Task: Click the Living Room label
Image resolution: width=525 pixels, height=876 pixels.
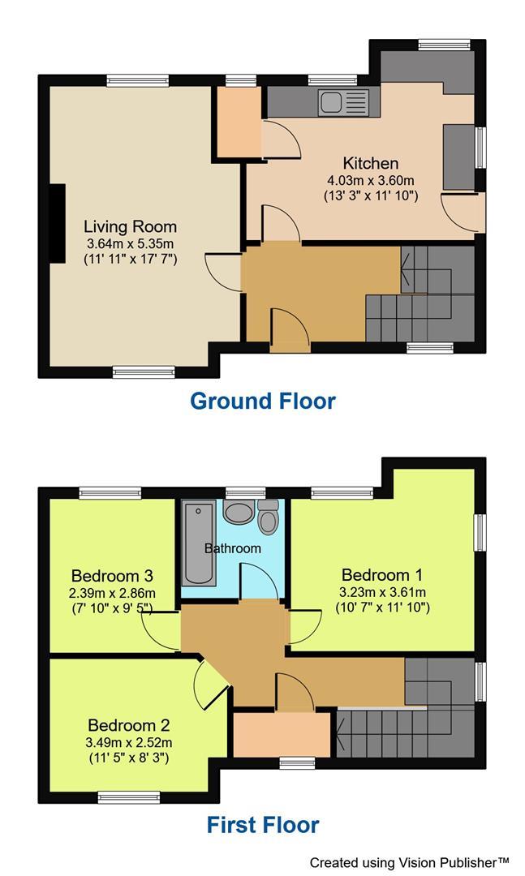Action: coord(131,226)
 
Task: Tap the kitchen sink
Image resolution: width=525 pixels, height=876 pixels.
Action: coord(343,103)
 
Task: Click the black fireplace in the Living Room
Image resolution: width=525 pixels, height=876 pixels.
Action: coord(58,224)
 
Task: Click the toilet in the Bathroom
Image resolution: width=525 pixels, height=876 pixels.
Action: coord(268,516)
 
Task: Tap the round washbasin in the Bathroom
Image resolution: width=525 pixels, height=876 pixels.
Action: coord(239,513)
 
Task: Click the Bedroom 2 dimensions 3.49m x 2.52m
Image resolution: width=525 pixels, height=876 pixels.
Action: coord(130,742)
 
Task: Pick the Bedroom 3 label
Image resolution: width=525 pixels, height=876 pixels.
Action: coord(112,576)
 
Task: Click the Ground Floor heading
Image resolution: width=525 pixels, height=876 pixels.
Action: coord(262,401)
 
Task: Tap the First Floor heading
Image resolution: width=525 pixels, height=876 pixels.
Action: coord(262,826)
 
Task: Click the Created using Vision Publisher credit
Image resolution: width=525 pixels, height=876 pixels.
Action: coord(409,862)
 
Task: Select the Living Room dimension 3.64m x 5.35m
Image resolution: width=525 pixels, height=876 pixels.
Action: coord(131,243)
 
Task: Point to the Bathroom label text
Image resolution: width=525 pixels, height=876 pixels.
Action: coord(232,548)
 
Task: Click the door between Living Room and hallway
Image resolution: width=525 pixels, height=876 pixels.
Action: coord(226,272)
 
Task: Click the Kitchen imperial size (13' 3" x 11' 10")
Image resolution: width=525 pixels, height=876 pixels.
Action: coord(370,195)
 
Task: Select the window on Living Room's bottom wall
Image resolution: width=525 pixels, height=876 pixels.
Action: coord(144,372)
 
